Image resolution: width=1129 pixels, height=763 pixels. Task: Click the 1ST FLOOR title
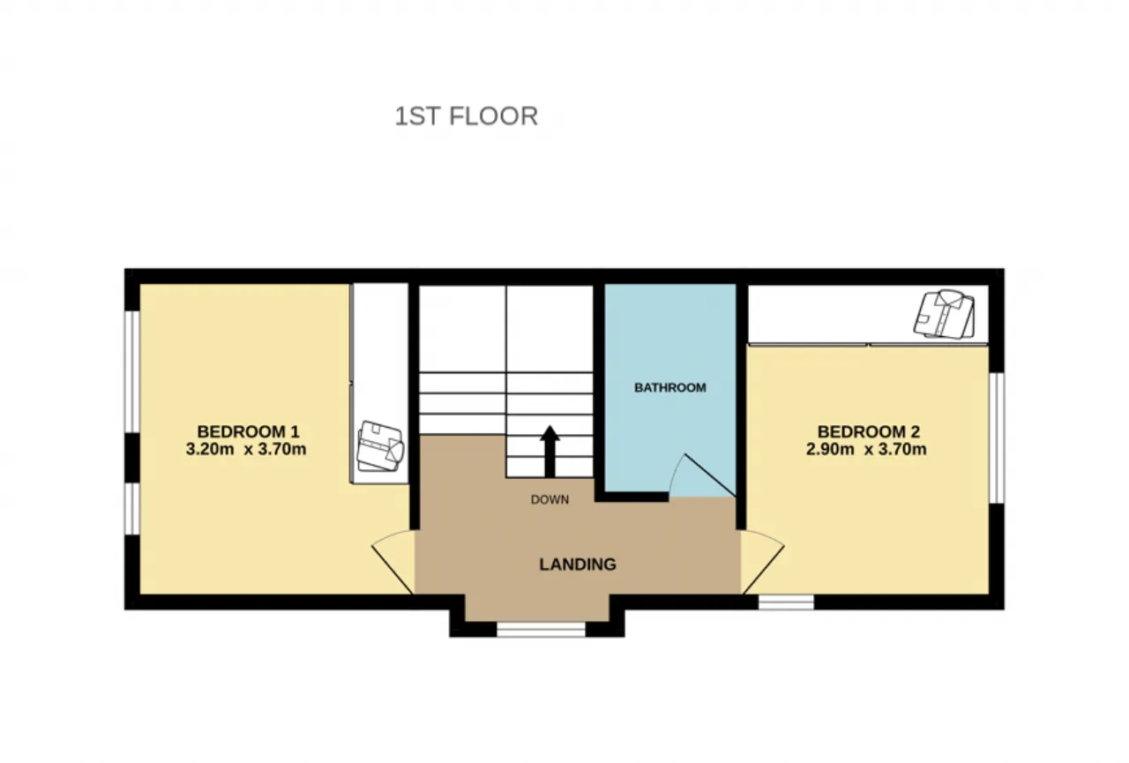pos(467,116)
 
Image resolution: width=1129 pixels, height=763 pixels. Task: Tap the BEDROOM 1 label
pos(248,431)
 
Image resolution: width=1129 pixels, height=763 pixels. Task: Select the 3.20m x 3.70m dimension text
pos(246,449)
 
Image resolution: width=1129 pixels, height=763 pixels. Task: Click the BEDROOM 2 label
pos(869,431)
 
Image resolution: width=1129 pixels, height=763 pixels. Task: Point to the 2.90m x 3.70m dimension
pos(866,449)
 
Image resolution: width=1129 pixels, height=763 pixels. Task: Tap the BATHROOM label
pos(669,387)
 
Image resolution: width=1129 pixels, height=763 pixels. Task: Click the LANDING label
pos(578,565)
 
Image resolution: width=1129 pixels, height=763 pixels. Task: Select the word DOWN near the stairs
pos(550,499)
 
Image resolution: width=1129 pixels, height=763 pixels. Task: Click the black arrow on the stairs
pos(550,452)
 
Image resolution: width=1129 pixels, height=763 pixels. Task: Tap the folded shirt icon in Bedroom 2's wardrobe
pos(944,315)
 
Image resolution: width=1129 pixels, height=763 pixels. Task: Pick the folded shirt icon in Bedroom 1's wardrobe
pos(380,446)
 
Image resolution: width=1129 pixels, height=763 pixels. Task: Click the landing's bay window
pos(541,630)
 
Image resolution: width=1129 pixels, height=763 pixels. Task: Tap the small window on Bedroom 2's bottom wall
pos(786,602)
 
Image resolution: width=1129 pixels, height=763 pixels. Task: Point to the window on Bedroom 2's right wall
pos(997,438)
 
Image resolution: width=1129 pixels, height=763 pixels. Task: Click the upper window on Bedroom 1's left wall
pos(132,371)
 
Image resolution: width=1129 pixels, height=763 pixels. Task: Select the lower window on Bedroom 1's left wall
pos(132,508)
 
